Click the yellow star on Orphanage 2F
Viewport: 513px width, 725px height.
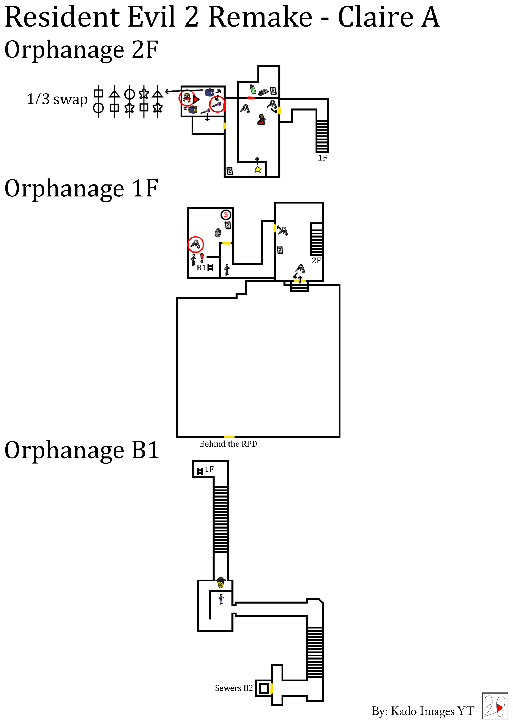coord(258,170)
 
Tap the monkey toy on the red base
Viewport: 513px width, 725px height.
coord(261,119)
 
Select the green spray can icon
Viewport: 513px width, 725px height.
coord(253,89)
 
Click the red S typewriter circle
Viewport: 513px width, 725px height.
coord(226,215)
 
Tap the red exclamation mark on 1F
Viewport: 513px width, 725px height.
coord(202,258)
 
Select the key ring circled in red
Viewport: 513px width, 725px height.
coord(195,244)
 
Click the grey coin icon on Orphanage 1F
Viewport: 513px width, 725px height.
coord(218,233)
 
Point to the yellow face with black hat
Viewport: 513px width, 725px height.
coord(221,582)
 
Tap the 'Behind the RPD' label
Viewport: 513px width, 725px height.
coord(228,444)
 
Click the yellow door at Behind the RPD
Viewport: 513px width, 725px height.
coord(229,437)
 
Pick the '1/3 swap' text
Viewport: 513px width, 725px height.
coord(57,99)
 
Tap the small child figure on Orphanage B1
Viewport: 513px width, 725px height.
coord(221,599)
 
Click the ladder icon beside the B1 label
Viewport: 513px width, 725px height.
coord(211,267)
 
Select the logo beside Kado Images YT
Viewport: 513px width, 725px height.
coord(495,706)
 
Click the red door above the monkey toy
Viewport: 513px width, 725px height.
coord(251,98)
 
